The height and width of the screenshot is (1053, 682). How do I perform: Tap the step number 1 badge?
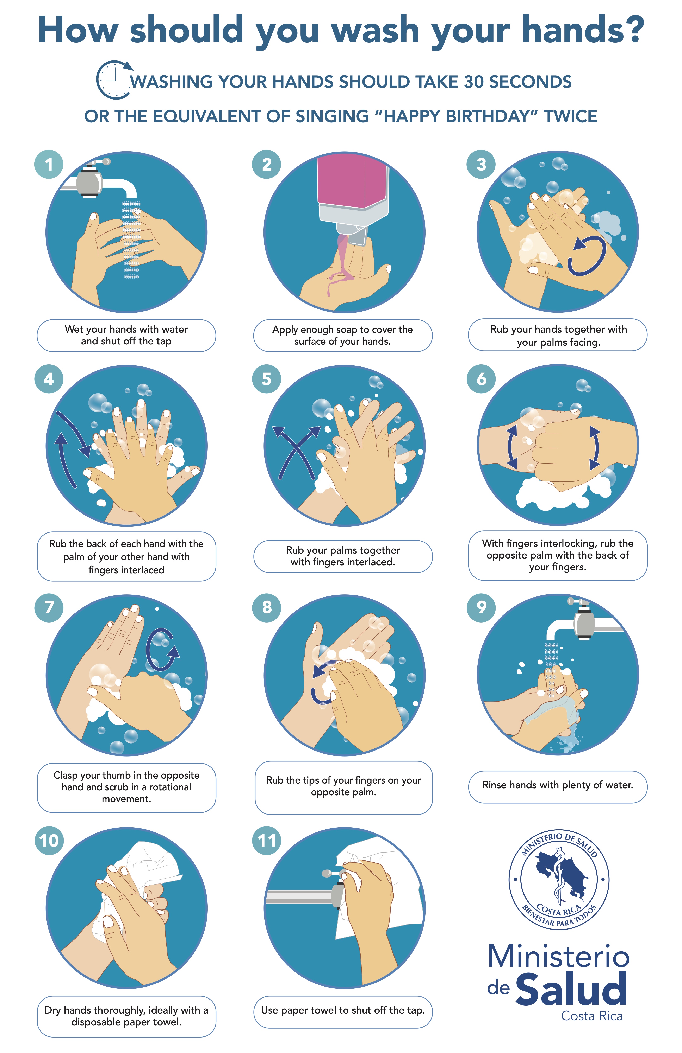(49, 164)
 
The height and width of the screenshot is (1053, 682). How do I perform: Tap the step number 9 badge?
(481, 607)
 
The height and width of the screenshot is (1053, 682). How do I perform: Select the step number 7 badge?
(49, 607)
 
